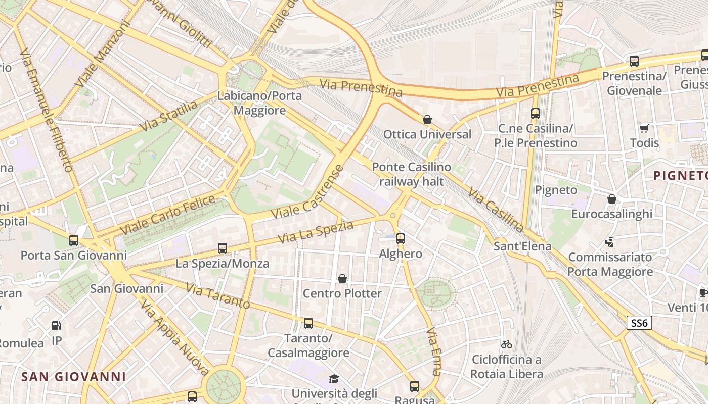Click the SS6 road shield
(639, 323)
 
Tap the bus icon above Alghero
(401, 239)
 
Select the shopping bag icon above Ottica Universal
(427, 120)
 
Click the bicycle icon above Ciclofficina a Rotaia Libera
(507, 344)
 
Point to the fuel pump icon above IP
(57, 326)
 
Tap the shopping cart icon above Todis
(644, 128)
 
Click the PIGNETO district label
(680, 176)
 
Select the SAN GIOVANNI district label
(74, 377)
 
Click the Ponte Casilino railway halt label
(411, 174)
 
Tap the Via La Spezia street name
(316, 232)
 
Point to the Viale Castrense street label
(307, 192)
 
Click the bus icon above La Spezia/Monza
(223, 248)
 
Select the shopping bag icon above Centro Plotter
(342, 279)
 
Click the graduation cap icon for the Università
(334, 379)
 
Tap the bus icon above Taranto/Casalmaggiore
(308, 323)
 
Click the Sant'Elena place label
(522, 246)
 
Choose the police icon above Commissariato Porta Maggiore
(610, 242)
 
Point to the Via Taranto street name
(218, 296)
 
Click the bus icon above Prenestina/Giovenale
(634, 62)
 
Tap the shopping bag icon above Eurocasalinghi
(612, 199)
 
